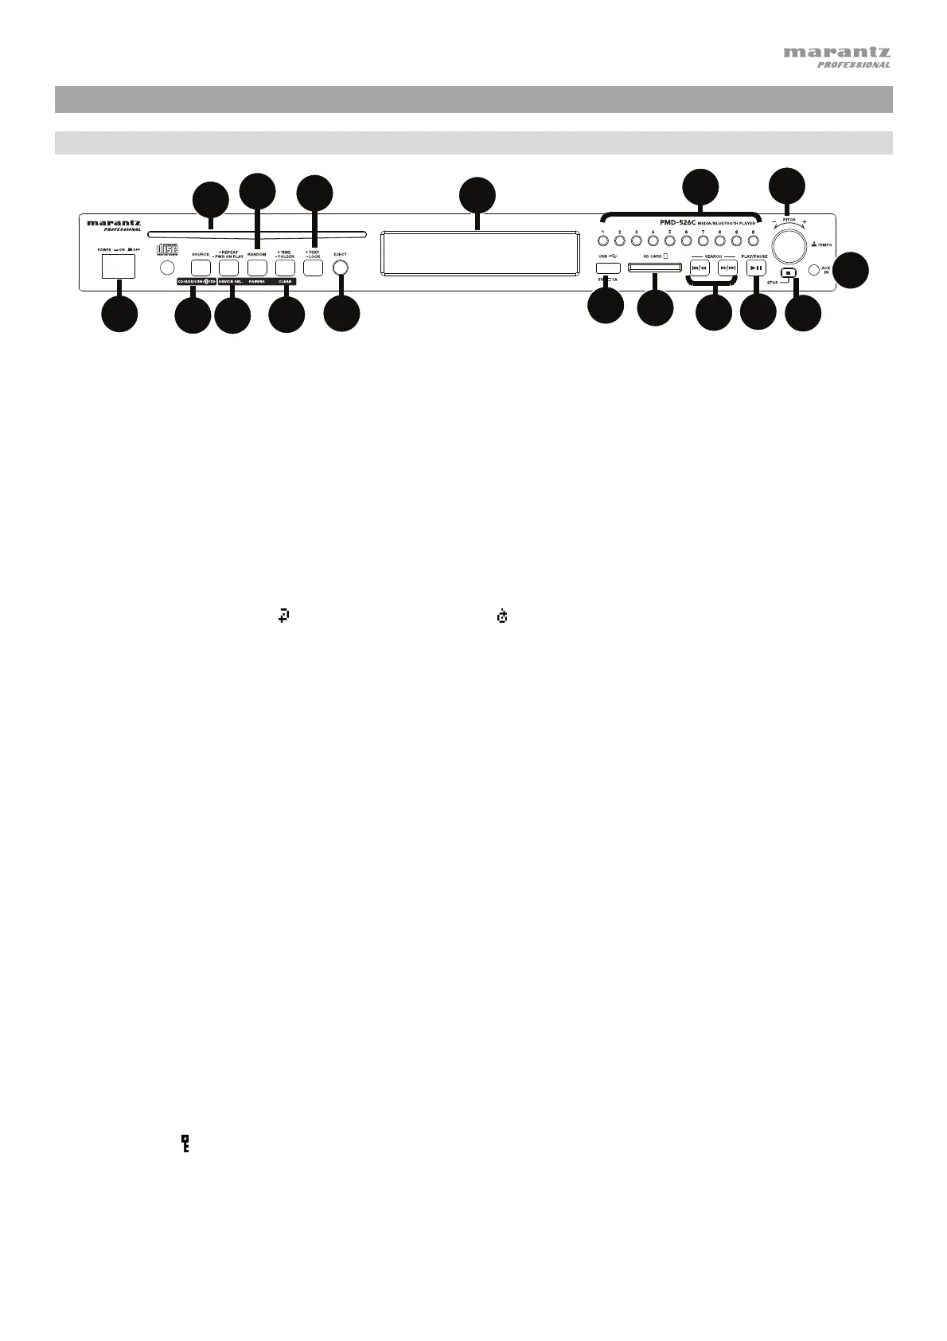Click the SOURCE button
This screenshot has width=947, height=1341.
pos(201,268)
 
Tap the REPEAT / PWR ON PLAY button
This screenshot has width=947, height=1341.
pos(228,268)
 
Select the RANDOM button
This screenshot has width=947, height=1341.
pos(256,268)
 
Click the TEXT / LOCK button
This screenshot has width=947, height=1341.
pos(313,268)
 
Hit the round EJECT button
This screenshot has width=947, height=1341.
pos(341,268)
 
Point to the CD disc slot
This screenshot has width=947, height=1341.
pos(255,234)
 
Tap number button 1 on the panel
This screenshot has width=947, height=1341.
pos(603,240)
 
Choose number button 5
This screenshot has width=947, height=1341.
pos(670,240)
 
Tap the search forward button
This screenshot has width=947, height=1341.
pos(727,268)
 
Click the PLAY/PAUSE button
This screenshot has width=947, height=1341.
pos(757,268)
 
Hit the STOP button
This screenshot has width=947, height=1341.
pos(787,272)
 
